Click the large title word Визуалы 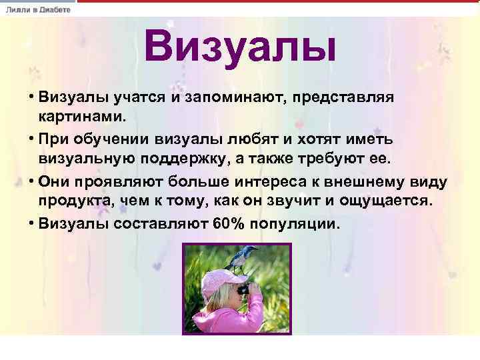[x=239, y=48]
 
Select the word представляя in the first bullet [x=348, y=98]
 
